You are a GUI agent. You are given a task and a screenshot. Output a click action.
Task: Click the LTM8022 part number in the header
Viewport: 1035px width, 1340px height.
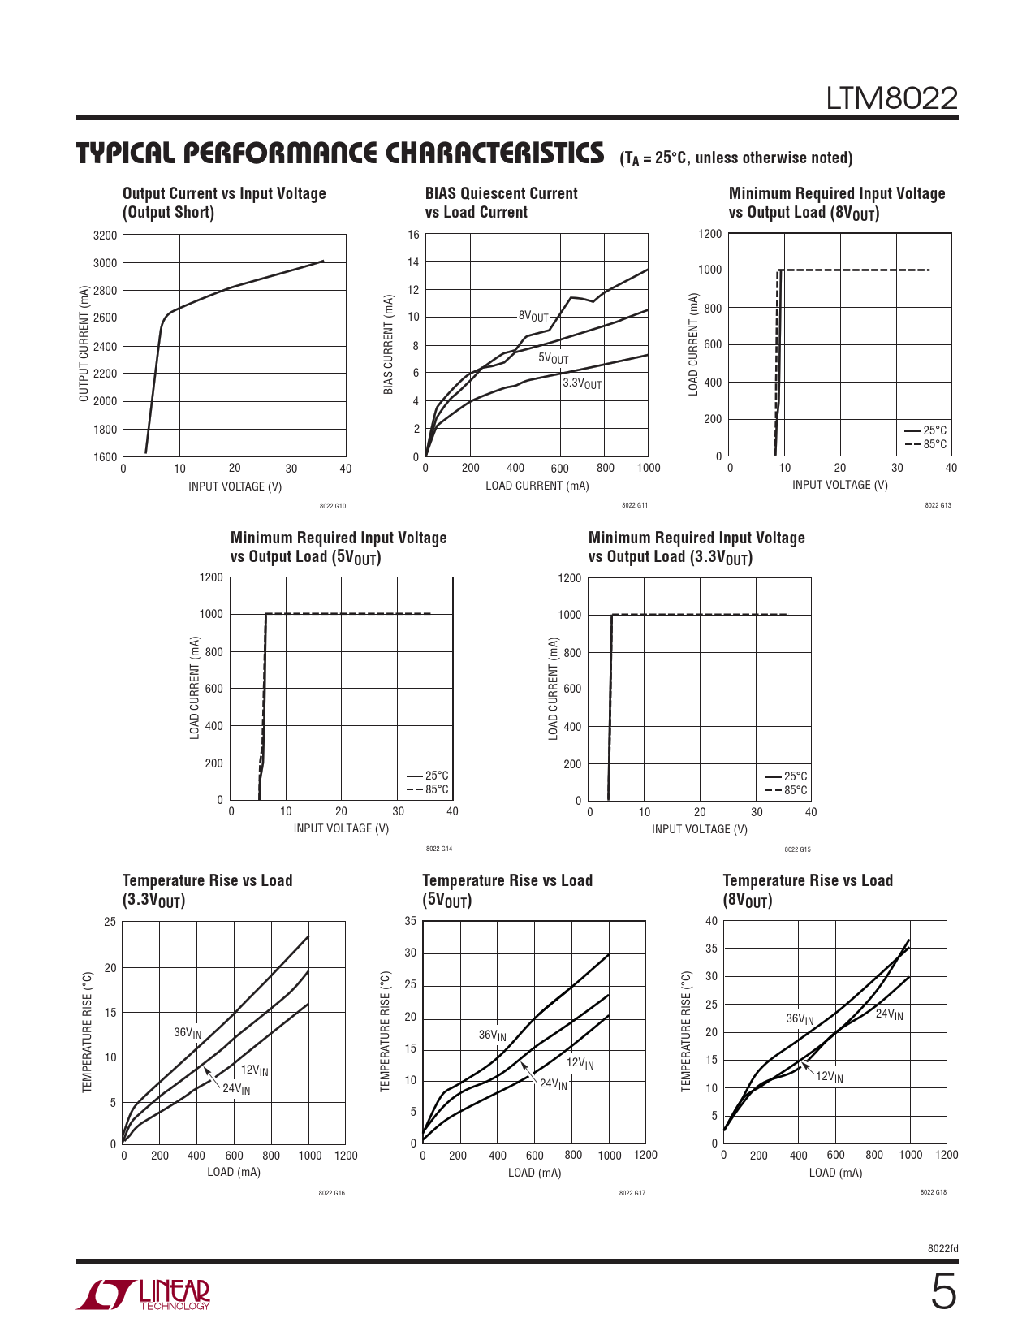coord(891,98)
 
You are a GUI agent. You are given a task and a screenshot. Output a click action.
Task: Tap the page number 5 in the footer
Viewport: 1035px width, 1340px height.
coord(943,1293)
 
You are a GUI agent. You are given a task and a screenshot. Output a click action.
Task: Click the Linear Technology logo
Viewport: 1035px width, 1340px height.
coord(143,1295)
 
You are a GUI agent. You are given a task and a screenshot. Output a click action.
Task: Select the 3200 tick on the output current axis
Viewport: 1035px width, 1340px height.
coord(105,236)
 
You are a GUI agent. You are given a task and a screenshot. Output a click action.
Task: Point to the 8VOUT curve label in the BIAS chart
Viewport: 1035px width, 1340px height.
coord(533,316)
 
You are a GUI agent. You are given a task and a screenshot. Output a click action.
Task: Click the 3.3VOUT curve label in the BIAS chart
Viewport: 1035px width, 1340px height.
coord(582,383)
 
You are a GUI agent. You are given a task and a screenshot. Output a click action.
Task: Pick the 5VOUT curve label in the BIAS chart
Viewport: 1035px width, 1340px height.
coord(553,358)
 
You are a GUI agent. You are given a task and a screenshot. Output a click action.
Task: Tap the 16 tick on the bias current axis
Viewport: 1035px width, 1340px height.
coord(413,235)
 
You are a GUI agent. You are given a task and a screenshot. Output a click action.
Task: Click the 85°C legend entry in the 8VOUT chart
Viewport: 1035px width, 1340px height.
coord(926,444)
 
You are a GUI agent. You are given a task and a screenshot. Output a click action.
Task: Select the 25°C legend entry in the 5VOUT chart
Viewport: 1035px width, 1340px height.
coord(428,775)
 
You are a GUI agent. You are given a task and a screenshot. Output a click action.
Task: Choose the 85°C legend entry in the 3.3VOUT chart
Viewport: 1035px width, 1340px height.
coord(787,790)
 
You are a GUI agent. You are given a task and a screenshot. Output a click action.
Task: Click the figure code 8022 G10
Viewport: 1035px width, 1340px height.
coord(332,506)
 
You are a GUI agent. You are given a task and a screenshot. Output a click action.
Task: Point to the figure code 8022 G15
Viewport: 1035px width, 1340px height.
coord(797,849)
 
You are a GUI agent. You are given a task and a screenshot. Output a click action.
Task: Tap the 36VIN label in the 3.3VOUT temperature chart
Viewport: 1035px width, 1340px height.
coord(188,1033)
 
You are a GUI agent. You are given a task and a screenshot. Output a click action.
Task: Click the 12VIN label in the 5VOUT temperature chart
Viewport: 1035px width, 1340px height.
coord(580,1063)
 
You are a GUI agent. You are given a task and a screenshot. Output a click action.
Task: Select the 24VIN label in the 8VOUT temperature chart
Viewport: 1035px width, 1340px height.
coord(889,1014)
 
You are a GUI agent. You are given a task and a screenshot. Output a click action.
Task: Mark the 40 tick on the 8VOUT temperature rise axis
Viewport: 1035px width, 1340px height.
coord(711,921)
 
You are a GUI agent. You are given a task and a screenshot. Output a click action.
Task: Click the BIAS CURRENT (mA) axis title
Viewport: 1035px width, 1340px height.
coord(388,344)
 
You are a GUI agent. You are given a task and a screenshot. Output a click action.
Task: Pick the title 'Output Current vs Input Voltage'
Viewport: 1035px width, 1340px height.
coord(224,193)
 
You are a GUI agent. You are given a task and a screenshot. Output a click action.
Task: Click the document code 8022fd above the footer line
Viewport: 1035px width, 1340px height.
coord(942,1249)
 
